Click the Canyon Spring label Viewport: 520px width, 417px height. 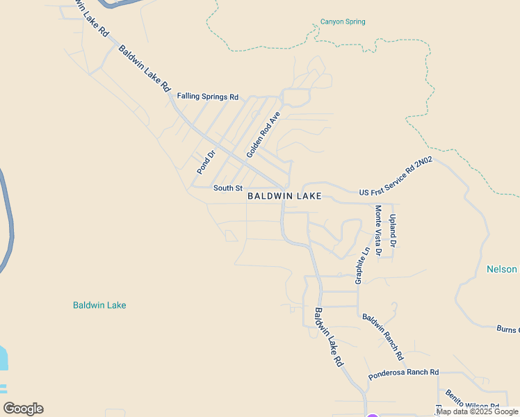point(343,22)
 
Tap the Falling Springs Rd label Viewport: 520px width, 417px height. point(208,97)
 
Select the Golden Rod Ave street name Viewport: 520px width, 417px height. point(263,134)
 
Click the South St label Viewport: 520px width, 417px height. point(228,188)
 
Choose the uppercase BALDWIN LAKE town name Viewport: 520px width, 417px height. point(285,197)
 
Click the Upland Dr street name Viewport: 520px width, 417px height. point(393,231)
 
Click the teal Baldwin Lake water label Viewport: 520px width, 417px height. point(99,305)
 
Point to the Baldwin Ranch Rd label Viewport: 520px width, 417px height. point(383,336)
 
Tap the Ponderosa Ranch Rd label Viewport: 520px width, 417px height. point(403,373)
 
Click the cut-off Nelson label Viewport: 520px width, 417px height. point(502,269)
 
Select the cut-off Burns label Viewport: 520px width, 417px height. point(508,329)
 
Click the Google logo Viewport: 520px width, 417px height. point(23,409)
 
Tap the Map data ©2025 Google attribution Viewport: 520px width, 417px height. point(477,411)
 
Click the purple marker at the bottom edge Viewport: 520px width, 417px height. point(373,414)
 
